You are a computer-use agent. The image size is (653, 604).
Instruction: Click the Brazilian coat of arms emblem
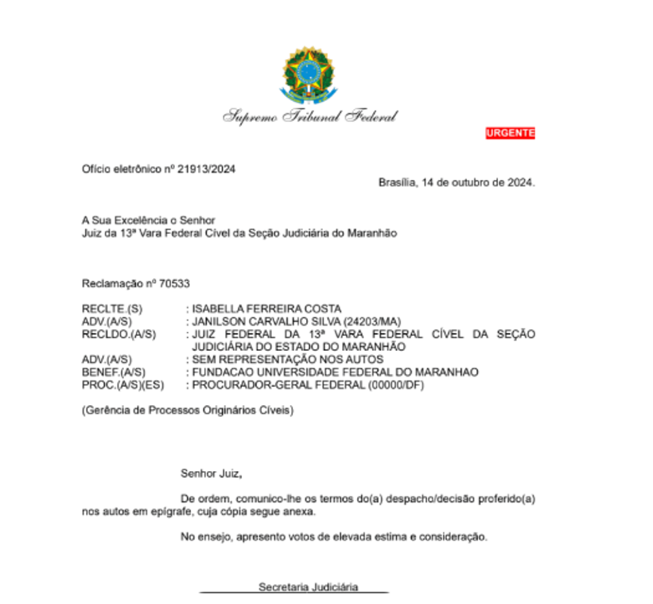pos(309,76)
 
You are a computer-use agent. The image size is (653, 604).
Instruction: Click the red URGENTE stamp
pos(510,133)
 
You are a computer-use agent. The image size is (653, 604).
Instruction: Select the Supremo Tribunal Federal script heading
pos(309,116)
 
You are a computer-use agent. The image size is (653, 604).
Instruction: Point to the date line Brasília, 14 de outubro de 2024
pos(456,181)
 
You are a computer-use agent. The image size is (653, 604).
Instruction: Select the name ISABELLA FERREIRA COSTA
pos(266,309)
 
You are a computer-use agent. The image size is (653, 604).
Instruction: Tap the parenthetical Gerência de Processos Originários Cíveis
pos(188,411)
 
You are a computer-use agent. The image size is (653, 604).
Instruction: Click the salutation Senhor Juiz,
pos(211,473)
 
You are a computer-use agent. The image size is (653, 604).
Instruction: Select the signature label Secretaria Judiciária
pos(308,587)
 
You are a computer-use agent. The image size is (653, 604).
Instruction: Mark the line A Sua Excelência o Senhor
pos(148,220)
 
